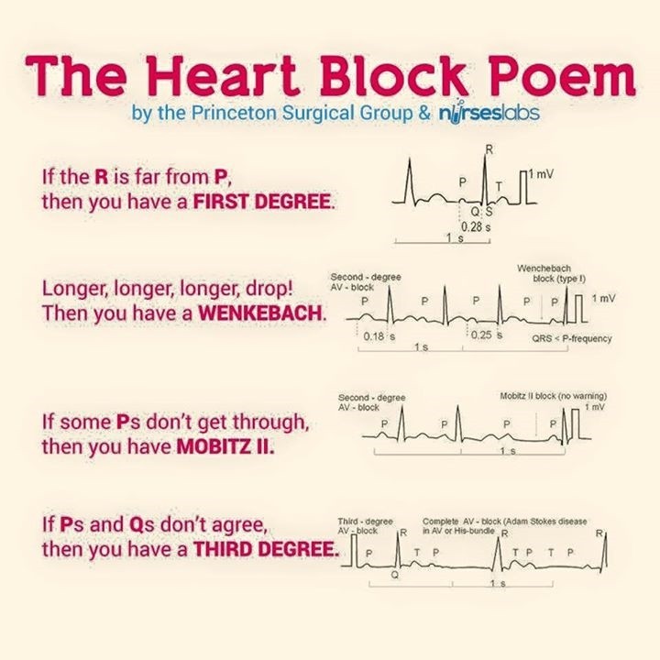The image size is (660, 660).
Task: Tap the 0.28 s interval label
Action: pyautogui.click(x=474, y=225)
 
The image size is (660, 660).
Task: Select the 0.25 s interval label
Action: pyautogui.click(x=487, y=336)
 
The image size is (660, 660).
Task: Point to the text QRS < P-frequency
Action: pyautogui.click(x=572, y=338)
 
